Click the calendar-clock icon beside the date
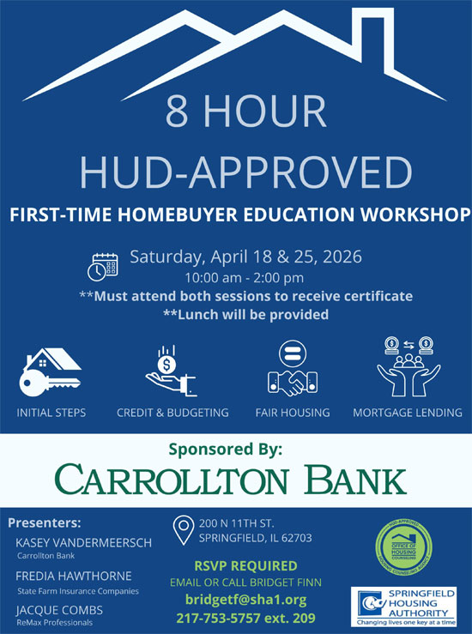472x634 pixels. [x=104, y=265]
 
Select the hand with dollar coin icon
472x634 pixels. [x=171, y=368]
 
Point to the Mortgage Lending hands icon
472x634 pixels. [x=408, y=369]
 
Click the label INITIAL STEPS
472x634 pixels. [x=51, y=413]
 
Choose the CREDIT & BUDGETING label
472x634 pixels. [x=172, y=413]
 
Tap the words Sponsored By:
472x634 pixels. [x=237, y=449]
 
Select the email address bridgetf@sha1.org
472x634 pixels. [x=245, y=600]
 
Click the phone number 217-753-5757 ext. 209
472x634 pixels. [x=245, y=618]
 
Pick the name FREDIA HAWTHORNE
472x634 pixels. [x=73, y=577]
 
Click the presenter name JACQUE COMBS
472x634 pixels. [x=59, y=609]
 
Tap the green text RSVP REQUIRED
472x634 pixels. [x=245, y=566]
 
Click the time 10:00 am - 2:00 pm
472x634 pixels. [x=245, y=278]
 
